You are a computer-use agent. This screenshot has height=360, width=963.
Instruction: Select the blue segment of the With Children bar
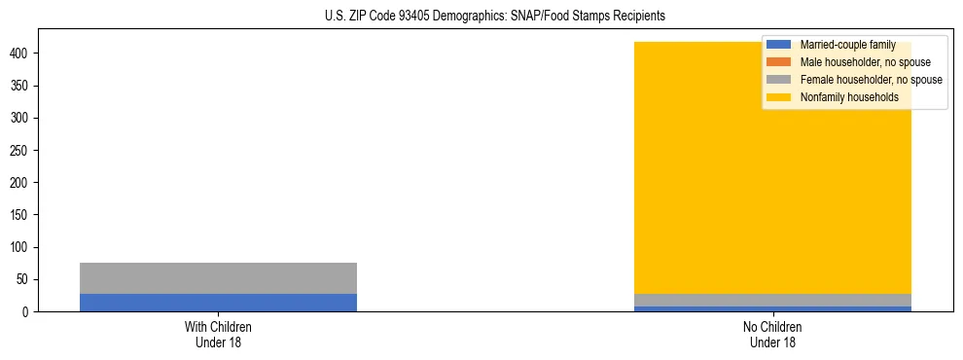[x=218, y=303]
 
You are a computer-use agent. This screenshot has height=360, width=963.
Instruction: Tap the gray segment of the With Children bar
[x=218, y=278]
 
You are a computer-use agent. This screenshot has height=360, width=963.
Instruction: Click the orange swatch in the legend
[x=779, y=62]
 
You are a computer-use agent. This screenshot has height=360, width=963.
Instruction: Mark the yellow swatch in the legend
[x=779, y=97]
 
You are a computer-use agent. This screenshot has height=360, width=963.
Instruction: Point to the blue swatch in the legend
[x=779, y=45]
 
